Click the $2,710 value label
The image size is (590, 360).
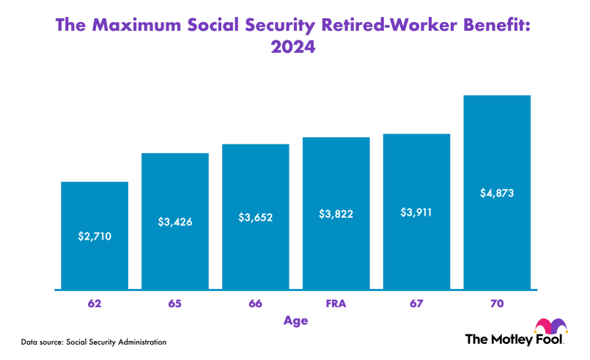tap(95, 236)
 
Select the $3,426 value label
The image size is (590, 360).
tap(175, 221)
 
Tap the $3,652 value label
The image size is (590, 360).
tap(256, 217)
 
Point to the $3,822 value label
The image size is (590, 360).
tap(336, 214)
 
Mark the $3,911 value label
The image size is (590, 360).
tap(416, 213)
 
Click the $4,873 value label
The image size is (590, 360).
tap(497, 194)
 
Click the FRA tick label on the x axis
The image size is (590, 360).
tap(336, 303)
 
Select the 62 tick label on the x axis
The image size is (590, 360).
tap(95, 303)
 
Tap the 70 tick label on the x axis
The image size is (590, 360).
tap(497, 303)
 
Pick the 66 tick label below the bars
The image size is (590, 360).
tap(256, 303)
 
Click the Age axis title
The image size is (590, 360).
tap(295, 320)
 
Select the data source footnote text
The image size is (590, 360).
tap(93, 342)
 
